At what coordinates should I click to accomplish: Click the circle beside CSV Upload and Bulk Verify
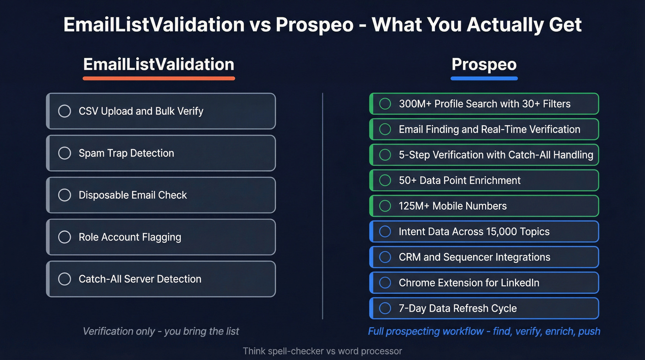pos(64,111)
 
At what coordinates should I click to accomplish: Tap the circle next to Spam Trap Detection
pos(64,153)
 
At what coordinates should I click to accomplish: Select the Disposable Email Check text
pos(133,195)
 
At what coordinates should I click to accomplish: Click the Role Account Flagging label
pos(130,237)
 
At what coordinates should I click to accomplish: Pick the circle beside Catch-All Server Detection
pos(64,279)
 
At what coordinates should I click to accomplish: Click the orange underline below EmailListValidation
pos(159,78)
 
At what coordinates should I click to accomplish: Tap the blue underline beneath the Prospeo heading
pos(484,78)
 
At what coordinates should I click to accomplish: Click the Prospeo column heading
pos(484,64)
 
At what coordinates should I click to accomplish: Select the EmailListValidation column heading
pos(159,64)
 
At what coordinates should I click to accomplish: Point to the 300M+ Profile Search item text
pos(485,104)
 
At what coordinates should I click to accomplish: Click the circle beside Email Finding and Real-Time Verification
pos(385,130)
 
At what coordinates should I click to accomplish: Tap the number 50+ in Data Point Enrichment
pos(408,180)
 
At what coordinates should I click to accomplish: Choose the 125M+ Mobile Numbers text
pos(452,206)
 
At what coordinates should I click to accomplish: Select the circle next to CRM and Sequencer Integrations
pos(385,257)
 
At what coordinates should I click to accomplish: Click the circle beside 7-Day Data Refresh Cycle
pos(385,308)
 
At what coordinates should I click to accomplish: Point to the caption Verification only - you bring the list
pos(161,331)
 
